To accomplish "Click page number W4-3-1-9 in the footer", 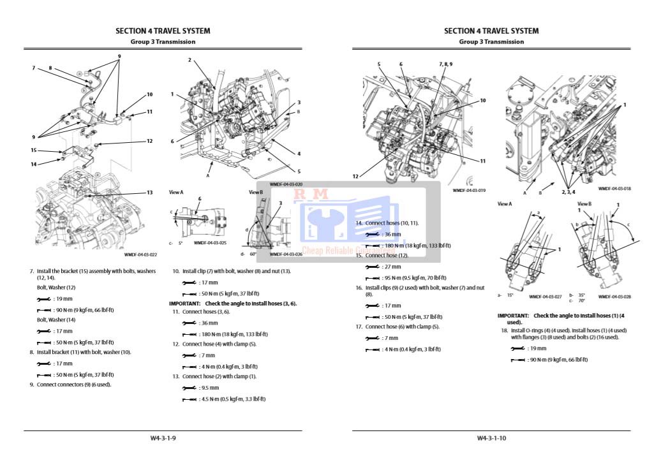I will point(163,438).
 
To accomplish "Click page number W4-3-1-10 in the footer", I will point(491,438).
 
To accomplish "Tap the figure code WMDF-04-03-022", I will point(140,254).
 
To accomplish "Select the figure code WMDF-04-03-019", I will point(469,190).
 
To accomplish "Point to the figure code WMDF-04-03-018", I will point(614,189).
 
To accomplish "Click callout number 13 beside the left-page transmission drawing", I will point(150,193).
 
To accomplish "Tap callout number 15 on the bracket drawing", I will point(34,151).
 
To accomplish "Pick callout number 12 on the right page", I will point(355,176).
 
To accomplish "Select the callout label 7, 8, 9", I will point(445,64).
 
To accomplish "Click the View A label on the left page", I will point(176,192).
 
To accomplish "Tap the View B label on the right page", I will point(584,204).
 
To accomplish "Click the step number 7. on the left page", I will point(32,271).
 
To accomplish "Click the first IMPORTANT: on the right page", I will point(514,316).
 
